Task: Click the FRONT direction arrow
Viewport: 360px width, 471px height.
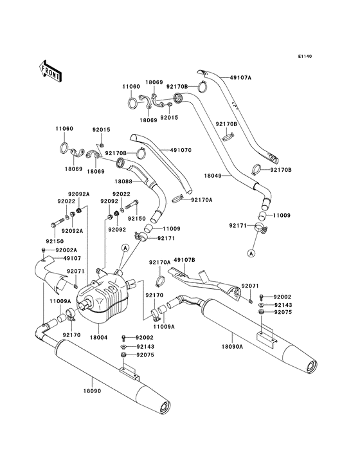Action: coord(50,71)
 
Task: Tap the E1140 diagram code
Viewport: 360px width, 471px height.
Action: coord(305,56)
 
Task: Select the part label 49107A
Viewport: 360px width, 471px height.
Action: coord(240,78)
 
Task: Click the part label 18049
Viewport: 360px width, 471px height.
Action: coord(213,176)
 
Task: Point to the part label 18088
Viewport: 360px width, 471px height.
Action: coord(123,181)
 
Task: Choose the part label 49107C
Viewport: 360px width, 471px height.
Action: coord(181,150)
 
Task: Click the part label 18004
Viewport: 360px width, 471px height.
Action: coord(98,337)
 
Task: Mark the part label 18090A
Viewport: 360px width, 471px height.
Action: coord(232,347)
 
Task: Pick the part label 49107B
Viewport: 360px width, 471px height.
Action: coord(184,260)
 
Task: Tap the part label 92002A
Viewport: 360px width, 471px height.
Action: coord(66,250)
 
